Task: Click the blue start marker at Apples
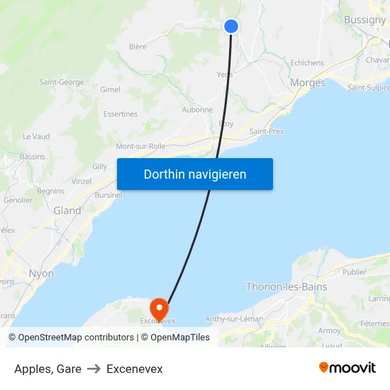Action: pos(230,26)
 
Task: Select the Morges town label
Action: pos(308,83)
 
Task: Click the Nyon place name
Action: pos(41,273)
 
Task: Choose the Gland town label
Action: pos(67,211)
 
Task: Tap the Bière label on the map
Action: pos(138,47)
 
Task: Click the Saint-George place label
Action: pos(62,82)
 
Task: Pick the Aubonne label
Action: pos(197,110)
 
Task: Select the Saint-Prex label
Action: pos(267,132)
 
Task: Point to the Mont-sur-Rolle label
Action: pos(140,146)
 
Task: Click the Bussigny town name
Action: pos(364,20)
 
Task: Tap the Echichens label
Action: pos(307,63)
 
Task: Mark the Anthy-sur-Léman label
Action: pos(234,319)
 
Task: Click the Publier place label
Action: pos(355,272)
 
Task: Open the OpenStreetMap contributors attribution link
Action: pos(76,338)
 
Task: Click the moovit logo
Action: pos(347,368)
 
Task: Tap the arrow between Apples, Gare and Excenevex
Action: pos(94,369)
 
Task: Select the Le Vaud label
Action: pos(36,136)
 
